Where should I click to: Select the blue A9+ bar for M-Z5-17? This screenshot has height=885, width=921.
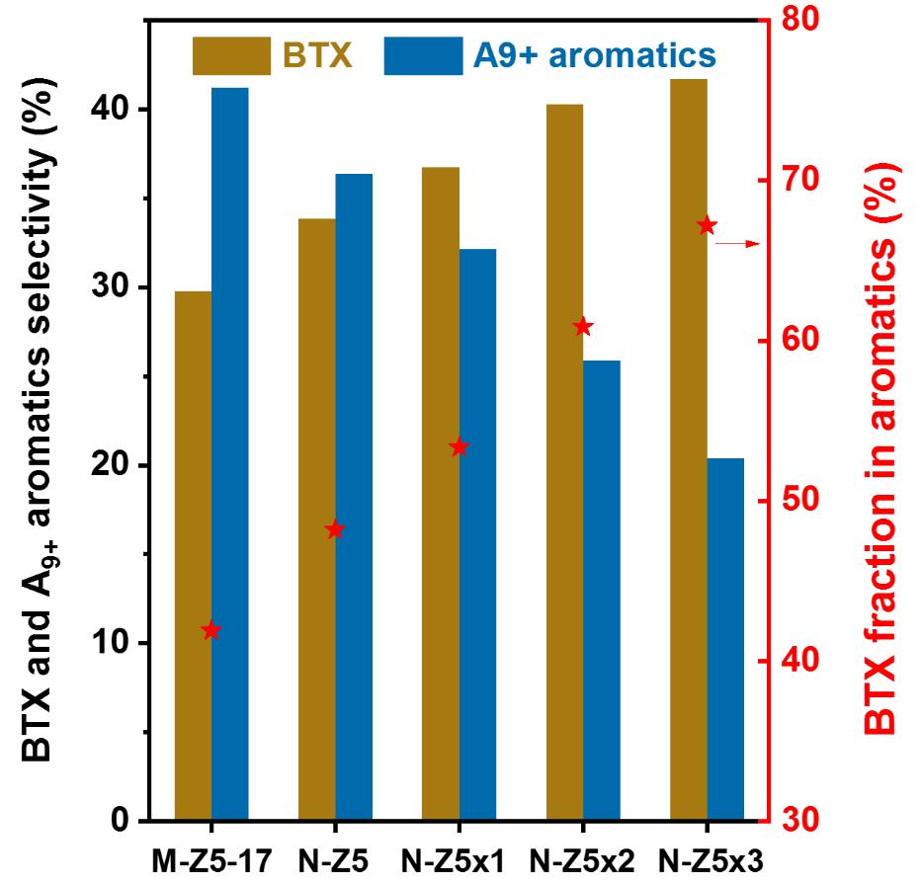(230, 454)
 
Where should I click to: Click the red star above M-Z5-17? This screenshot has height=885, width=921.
(210, 630)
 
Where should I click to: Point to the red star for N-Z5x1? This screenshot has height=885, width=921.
(459, 447)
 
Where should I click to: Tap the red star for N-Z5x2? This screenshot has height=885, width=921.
(583, 327)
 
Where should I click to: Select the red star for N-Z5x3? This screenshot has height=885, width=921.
(707, 226)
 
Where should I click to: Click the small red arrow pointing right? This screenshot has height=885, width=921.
(737, 242)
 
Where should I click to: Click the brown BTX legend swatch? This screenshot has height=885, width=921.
(231, 55)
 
